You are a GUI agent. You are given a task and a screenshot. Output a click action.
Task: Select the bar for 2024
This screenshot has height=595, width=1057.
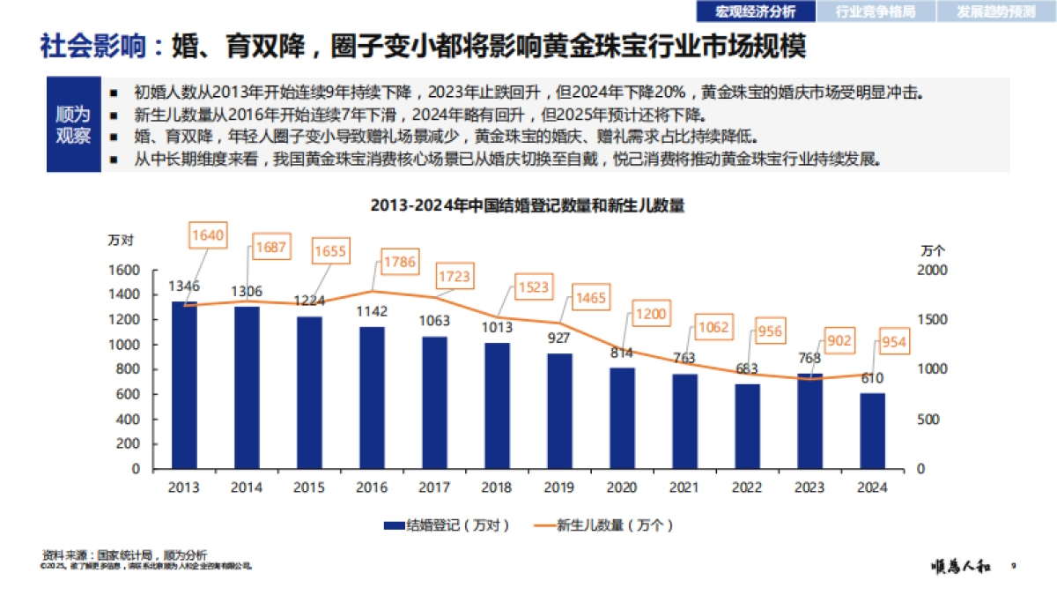(x=872, y=431)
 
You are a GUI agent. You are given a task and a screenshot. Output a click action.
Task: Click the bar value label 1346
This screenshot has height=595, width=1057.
(x=184, y=286)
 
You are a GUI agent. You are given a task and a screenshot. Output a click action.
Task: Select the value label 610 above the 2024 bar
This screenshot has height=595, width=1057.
(x=872, y=378)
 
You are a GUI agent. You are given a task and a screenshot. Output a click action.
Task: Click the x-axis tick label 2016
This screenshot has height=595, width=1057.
(x=372, y=487)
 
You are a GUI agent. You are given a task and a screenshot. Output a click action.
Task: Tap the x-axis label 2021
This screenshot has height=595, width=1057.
(x=684, y=487)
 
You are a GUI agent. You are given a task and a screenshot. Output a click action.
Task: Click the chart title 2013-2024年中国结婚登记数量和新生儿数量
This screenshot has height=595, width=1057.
(x=528, y=205)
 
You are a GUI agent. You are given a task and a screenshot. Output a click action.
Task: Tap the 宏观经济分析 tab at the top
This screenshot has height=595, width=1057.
(x=755, y=11)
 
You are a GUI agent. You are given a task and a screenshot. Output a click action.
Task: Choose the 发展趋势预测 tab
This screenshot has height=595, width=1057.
(x=997, y=11)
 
